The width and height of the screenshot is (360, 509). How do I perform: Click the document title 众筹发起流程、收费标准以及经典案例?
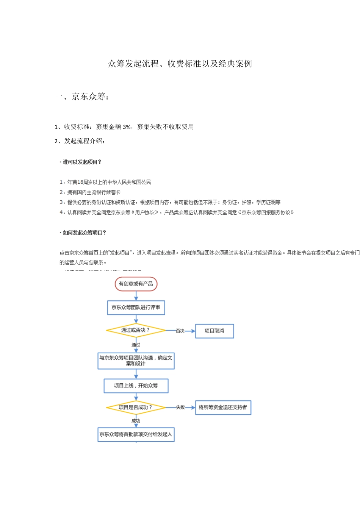[x=180, y=64]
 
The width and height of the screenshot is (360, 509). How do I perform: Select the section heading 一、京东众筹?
[x=82, y=97]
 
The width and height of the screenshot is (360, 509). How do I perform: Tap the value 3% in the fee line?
[x=127, y=127]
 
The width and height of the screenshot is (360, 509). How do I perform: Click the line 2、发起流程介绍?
[x=80, y=141]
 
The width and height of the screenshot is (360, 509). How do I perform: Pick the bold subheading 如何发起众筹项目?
[x=84, y=233]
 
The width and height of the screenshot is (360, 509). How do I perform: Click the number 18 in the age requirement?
[x=80, y=182]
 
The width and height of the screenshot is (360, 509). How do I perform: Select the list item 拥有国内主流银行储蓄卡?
[x=94, y=192]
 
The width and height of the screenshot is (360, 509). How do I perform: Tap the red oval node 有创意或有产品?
[x=136, y=284]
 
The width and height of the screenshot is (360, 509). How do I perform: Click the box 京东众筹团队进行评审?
[x=136, y=308]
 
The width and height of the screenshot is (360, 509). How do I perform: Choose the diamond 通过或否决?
[x=136, y=330]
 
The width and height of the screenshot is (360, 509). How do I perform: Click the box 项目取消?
[x=214, y=331]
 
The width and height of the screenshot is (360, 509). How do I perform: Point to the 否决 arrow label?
[x=180, y=331]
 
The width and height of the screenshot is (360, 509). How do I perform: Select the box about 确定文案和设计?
[x=136, y=361]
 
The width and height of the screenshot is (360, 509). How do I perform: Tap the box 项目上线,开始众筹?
[x=136, y=386]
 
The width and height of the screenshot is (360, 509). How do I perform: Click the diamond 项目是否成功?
[x=136, y=408]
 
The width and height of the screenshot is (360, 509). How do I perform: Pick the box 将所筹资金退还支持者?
[x=223, y=408]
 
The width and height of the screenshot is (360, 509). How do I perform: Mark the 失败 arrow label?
[x=180, y=408]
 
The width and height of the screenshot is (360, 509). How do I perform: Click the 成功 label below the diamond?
[x=136, y=421]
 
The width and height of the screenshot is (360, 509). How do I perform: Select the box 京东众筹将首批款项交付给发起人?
[x=136, y=434]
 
